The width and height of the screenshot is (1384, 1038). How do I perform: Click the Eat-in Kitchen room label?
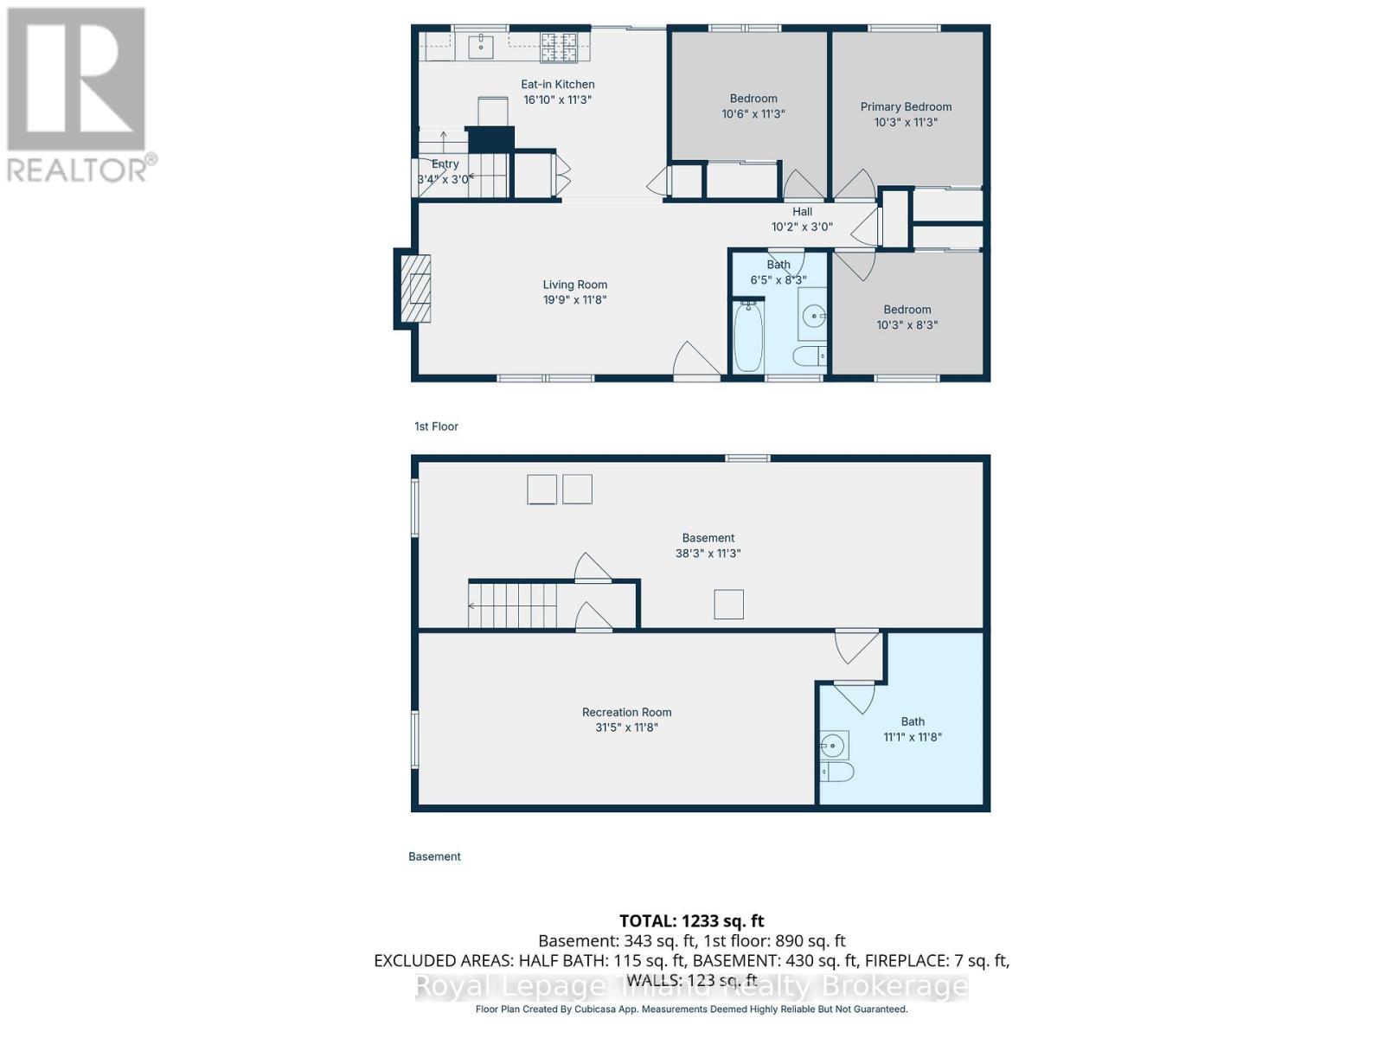[557, 85]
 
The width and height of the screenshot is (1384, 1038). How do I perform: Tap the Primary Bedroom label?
[906, 107]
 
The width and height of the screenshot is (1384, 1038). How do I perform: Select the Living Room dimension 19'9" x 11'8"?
[574, 300]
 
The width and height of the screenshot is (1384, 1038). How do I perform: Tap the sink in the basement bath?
[834, 744]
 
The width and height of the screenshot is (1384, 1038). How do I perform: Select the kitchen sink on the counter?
[481, 46]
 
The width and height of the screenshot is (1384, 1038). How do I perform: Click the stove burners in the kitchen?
[559, 48]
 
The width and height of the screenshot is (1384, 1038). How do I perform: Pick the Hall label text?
[802, 212]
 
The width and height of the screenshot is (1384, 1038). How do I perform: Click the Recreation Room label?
[626, 713]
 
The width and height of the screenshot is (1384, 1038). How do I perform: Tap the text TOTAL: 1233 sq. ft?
[691, 921]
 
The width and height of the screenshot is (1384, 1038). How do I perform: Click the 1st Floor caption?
[436, 426]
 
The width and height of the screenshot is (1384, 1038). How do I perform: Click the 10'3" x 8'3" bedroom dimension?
[907, 325]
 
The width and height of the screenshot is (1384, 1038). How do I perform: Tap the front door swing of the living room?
[695, 361]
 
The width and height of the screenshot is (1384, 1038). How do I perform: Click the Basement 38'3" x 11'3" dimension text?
[708, 554]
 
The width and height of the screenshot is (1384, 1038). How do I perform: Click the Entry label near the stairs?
[445, 164]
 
